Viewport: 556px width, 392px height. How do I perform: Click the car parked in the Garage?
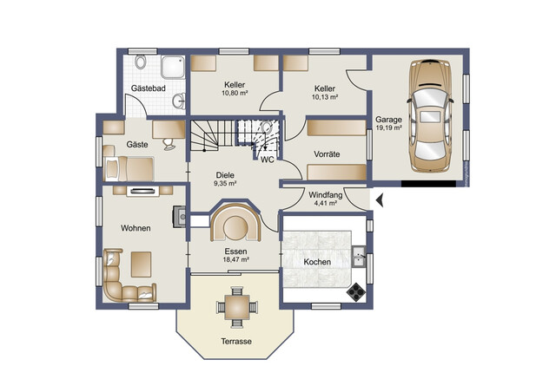tap(430, 116)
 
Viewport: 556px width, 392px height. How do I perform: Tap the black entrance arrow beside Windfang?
tap(380, 200)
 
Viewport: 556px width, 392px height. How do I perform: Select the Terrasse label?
tap(236, 342)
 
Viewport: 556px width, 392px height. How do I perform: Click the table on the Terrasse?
tap(237, 307)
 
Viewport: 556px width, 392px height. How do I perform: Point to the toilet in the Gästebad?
tap(141, 62)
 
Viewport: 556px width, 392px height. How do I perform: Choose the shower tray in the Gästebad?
tap(173, 67)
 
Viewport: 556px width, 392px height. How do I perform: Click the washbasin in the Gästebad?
tap(180, 101)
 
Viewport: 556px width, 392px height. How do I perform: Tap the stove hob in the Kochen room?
tap(356, 291)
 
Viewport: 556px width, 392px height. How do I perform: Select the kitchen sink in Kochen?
tap(359, 256)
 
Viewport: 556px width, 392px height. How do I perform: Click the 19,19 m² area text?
tap(388, 127)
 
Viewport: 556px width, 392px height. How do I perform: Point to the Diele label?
tap(225, 175)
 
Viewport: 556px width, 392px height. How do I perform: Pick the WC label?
tap(268, 160)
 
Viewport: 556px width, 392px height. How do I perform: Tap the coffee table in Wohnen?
tap(141, 265)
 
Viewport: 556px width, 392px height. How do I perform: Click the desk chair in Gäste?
tap(169, 144)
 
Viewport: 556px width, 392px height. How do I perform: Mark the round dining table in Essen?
tap(235, 228)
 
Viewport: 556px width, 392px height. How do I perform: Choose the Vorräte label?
tap(327, 154)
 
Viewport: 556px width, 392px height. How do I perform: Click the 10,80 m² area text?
tap(235, 93)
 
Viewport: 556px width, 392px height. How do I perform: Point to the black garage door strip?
tap(428, 184)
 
